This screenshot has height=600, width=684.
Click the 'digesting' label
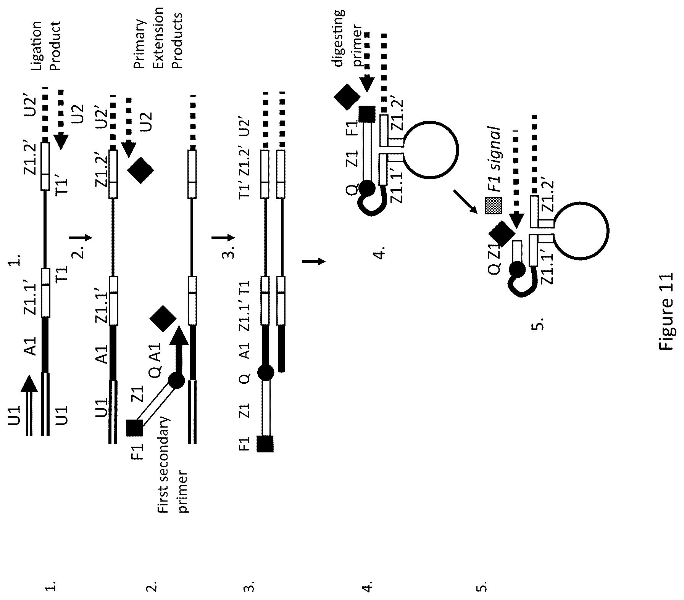(339, 38)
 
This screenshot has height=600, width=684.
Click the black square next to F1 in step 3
(265, 444)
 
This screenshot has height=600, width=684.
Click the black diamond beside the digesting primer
(347, 97)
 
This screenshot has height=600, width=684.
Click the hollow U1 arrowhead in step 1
(29, 383)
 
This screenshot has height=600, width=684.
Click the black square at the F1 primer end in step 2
(134, 428)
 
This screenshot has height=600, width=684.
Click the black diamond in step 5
(502, 233)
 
